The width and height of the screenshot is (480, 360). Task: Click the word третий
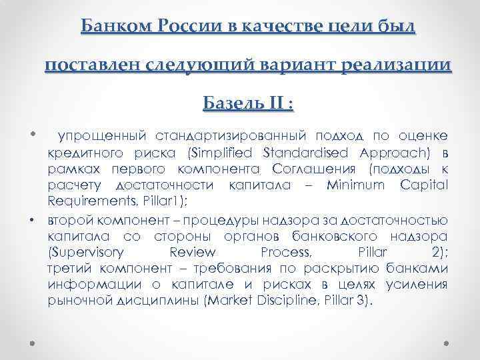(x=67, y=268)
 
